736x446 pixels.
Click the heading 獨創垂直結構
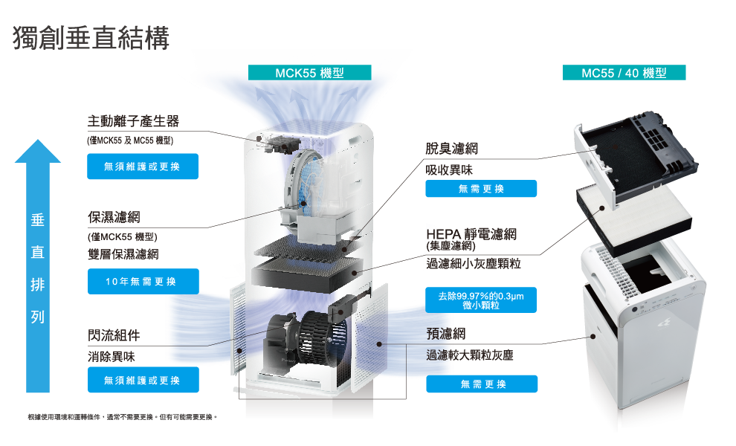click(91, 39)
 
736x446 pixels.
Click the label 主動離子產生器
click(133, 121)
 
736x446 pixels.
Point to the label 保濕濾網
click(113, 217)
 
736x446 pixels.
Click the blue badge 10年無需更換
click(143, 281)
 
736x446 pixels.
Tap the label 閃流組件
click(113, 334)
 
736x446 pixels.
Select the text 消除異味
click(111, 357)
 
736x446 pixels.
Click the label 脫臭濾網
click(451, 149)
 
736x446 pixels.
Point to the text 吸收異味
click(449, 170)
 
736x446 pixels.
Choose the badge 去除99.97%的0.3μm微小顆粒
click(481, 300)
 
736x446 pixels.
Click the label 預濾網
click(445, 334)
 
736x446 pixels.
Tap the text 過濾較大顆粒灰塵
click(469, 356)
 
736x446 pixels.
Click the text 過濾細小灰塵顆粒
click(473, 264)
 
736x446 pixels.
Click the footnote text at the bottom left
click(123, 418)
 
